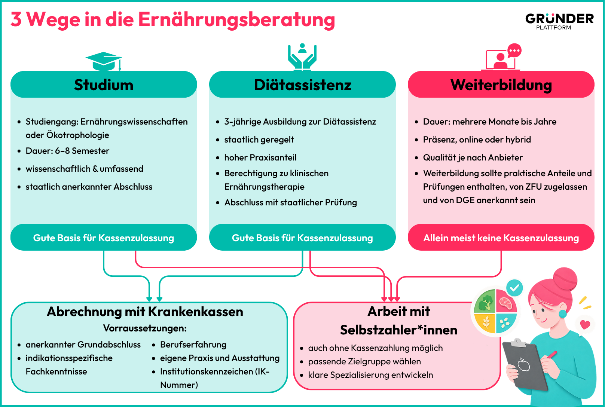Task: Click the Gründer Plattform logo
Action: tap(559, 21)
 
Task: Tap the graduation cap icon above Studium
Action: tap(104, 61)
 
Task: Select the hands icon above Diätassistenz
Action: tap(302, 57)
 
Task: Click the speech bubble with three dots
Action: tap(514, 51)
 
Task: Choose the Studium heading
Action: tap(104, 85)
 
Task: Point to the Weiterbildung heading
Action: tap(501, 85)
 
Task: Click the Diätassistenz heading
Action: tap(302, 85)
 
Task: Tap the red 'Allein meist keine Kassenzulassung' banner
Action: tap(501, 238)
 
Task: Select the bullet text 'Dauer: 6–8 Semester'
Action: tap(67, 151)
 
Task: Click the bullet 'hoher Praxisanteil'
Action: tap(260, 157)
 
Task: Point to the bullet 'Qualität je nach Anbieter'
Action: tap(473, 157)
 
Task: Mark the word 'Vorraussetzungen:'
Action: tap(145, 328)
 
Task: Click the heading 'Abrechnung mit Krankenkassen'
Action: tap(145, 311)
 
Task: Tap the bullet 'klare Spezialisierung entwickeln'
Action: tap(370, 375)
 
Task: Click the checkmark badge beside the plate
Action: tap(514, 288)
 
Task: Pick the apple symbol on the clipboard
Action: tap(524, 365)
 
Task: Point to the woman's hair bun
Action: tap(565, 279)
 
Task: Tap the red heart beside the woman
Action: tap(585, 325)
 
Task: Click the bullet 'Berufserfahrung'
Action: tap(193, 345)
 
